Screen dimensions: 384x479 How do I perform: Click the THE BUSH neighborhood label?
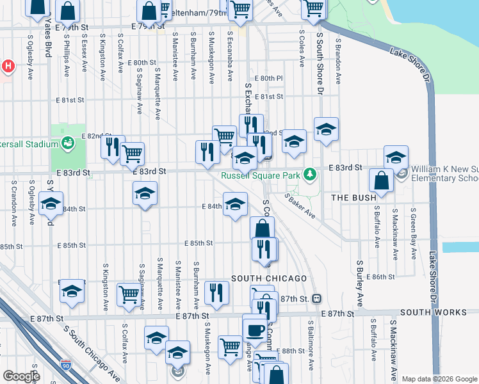(x=353, y=198)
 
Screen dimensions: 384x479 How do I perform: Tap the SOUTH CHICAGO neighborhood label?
(x=269, y=278)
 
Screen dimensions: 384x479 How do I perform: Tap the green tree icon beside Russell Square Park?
(x=310, y=174)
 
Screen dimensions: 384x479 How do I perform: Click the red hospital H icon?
(x=8, y=66)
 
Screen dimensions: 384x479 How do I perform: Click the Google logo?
(x=22, y=376)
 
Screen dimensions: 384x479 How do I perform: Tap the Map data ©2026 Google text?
(x=439, y=379)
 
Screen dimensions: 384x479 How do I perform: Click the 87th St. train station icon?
(x=316, y=299)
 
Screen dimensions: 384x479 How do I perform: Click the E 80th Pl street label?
(x=268, y=78)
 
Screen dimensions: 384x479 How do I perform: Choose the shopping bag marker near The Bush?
(x=382, y=182)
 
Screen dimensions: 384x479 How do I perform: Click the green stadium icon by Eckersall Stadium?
(x=67, y=144)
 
